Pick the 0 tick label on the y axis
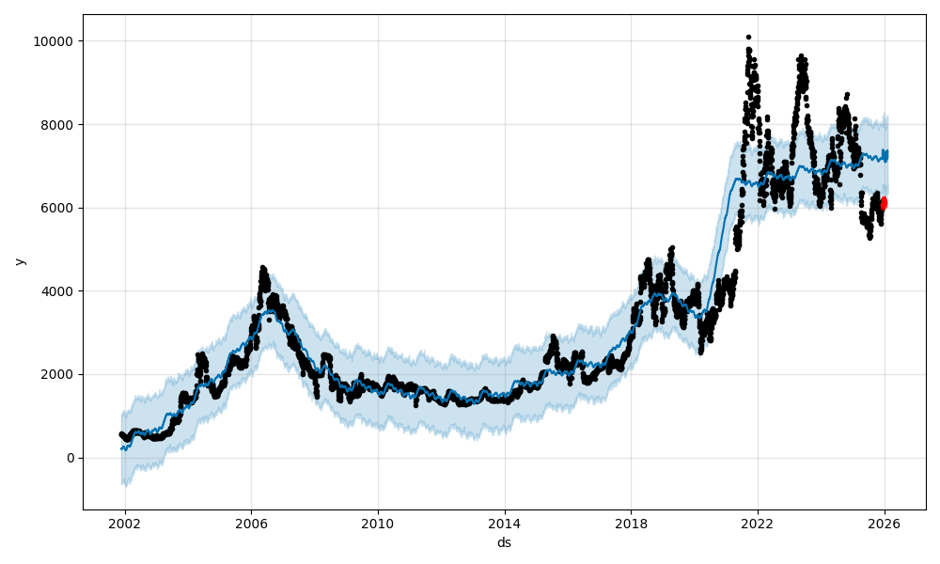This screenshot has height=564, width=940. click(71, 458)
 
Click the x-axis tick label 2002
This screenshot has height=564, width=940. click(125, 525)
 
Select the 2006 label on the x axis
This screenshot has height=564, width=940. click(251, 525)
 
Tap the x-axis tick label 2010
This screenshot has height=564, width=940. click(378, 525)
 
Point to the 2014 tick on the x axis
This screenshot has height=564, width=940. click(505, 525)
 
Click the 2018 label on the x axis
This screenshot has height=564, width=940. click(632, 525)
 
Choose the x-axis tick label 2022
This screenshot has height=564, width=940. click(758, 525)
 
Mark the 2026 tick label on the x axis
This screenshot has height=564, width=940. click(885, 525)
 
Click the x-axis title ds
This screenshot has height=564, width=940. click(504, 543)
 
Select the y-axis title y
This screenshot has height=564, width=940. click(18, 261)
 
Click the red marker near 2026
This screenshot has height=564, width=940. click(884, 203)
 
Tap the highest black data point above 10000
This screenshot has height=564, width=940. click(748, 38)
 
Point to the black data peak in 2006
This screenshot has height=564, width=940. click(262, 267)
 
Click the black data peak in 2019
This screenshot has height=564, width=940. click(672, 248)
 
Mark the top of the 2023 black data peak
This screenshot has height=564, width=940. click(801, 56)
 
